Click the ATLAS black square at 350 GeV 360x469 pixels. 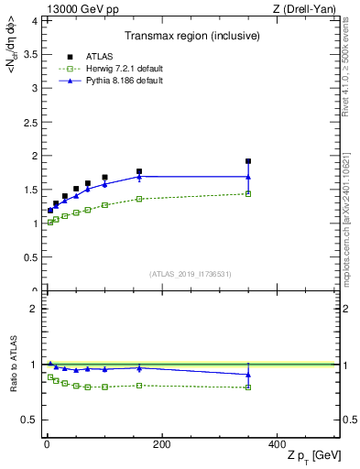[x=248, y=161]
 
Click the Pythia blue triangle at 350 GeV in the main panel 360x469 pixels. [x=248, y=177]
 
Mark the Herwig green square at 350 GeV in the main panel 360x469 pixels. [x=248, y=193]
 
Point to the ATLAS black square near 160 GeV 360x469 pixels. [x=139, y=171]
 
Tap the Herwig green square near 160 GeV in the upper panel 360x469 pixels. [x=139, y=199]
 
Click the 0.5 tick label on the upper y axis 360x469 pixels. [x=30, y=257]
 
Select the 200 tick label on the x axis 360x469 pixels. [x=161, y=443]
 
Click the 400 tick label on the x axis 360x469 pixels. [x=277, y=443]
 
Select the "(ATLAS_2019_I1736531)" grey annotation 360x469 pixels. [x=191, y=274]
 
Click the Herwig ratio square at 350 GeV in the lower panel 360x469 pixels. [x=248, y=387]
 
